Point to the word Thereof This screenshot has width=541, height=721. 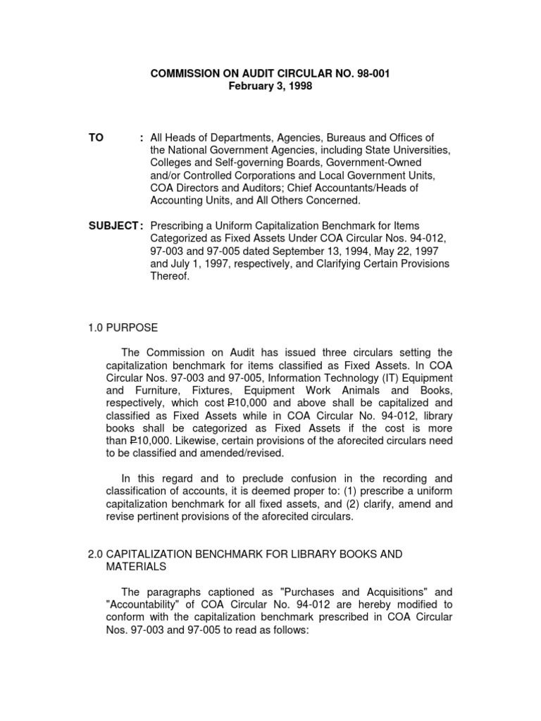click(x=170, y=276)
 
